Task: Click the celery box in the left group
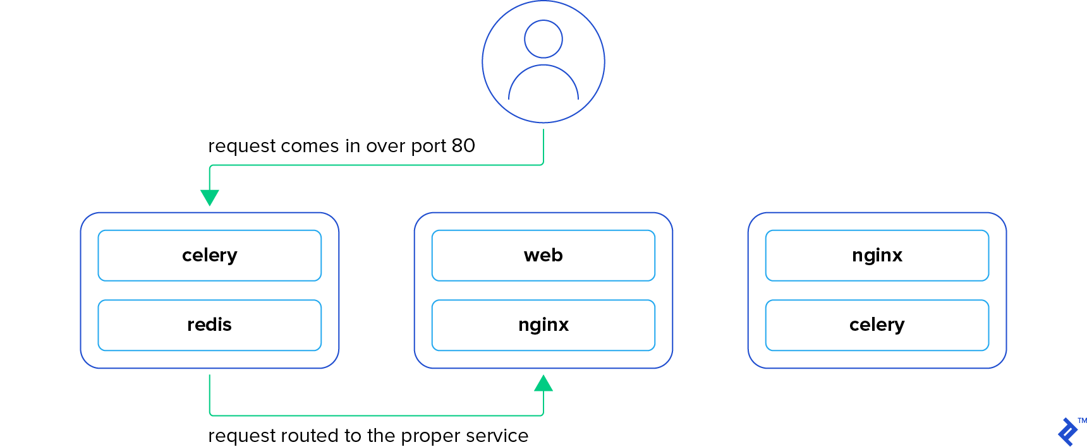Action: [x=209, y=255]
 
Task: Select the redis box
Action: [x=209, y=325]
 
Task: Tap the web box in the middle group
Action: [x=543, y=255]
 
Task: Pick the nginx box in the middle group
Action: [x=543, y=325]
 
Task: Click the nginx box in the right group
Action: [x=877, y=255]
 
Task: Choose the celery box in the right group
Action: [x=877, y=325]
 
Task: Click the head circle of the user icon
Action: [x=543, y=39]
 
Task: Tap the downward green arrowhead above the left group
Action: [x=209, y=197]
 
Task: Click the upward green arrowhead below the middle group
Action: [x=543, y=383]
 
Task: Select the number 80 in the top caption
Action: [x=463, y=146]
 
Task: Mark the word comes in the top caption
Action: [x=310, y=146]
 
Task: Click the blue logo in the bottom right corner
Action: [x=1068, y=432]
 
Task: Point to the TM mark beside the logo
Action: [x=1082, y=420]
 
